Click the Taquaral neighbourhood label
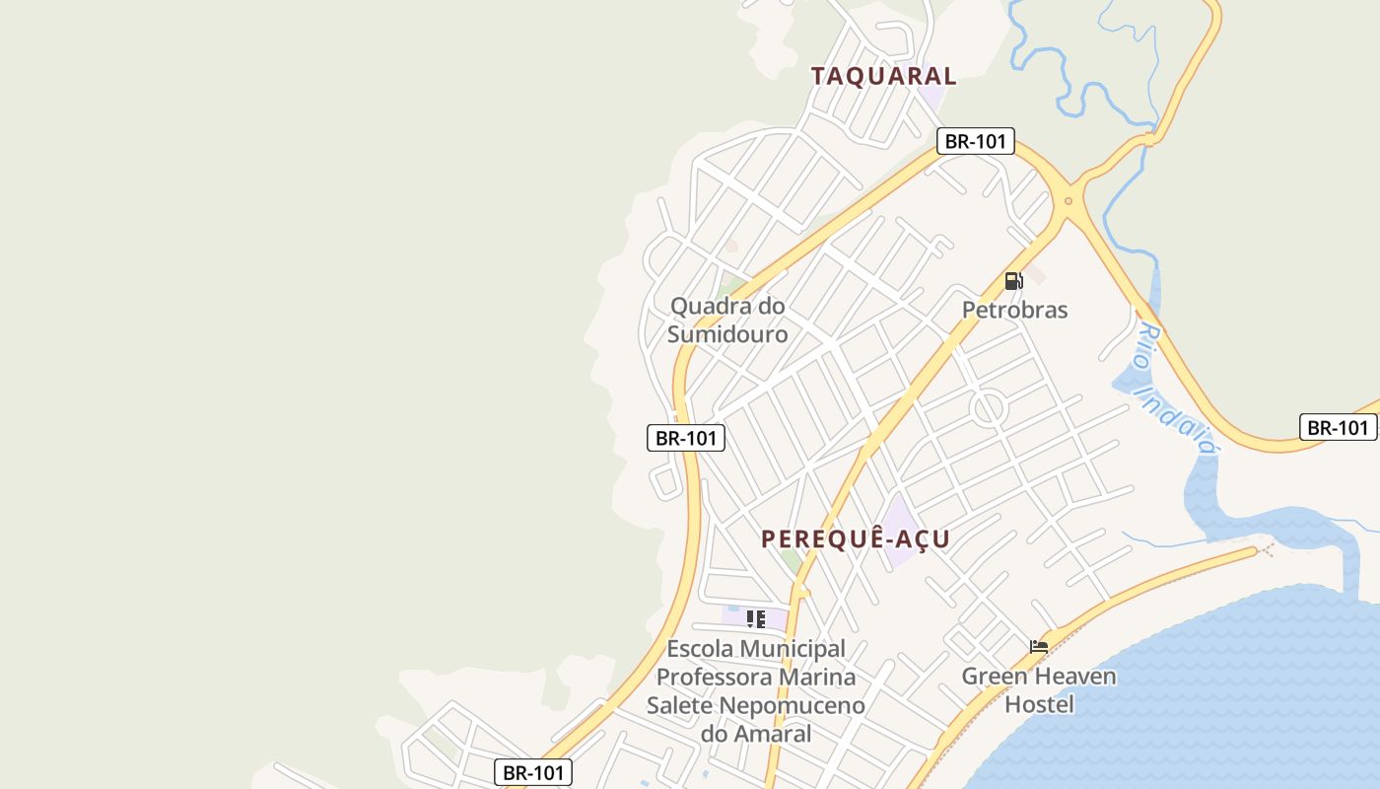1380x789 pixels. pos(883,76)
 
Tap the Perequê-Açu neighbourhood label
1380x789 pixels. pos(855,538)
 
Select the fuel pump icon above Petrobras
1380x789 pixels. pos(1013,281)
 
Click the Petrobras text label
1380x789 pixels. pos(1014,310)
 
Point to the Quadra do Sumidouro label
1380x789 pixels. pos(727,320)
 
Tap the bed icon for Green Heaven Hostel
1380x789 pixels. pos(1039,647)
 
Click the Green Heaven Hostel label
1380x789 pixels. pos(1039,690)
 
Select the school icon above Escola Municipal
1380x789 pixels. pos(756,619)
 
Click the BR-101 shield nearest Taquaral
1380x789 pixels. pos(975,141)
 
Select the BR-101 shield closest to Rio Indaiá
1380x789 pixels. pos(1338,427)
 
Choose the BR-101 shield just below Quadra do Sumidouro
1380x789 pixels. pos(685,438)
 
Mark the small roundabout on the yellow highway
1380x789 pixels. pos(1068,201)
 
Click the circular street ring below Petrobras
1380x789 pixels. pos(987,407)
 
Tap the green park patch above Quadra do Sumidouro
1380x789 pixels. pos(732,285)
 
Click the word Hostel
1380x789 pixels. pos(1039,705)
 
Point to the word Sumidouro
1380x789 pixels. pos(727,334)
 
